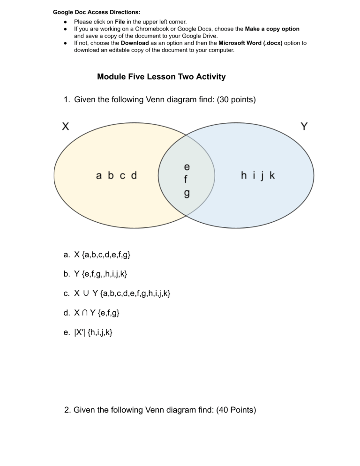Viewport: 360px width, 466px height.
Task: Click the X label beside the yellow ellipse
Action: (66, 126)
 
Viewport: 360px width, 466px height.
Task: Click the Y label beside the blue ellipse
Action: (304, 126)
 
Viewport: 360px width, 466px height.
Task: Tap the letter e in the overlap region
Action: (187, 167)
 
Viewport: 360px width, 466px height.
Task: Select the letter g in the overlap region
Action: (187, 194)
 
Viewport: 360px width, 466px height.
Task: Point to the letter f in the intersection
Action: (186, 179)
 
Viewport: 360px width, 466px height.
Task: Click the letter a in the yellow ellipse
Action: (99, 176)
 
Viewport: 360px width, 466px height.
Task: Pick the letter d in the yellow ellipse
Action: (134, 175)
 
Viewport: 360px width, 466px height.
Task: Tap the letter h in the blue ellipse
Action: (244, 175)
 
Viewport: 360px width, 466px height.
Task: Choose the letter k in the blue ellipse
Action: (272, 175)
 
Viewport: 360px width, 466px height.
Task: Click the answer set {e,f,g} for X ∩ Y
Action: (108, 313)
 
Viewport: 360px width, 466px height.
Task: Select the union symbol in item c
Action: (86, 293)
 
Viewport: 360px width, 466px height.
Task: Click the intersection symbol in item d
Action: (85, 313)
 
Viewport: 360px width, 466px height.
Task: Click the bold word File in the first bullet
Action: (120, 22)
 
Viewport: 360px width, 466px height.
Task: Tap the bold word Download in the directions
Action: (135, 43)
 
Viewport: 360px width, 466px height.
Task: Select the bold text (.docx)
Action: (273, 43)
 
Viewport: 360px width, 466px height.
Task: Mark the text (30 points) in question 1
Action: (236, 99)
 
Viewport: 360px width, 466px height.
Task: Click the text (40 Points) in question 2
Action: (236, 410)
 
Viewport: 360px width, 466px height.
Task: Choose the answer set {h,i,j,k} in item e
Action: (100, 332)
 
